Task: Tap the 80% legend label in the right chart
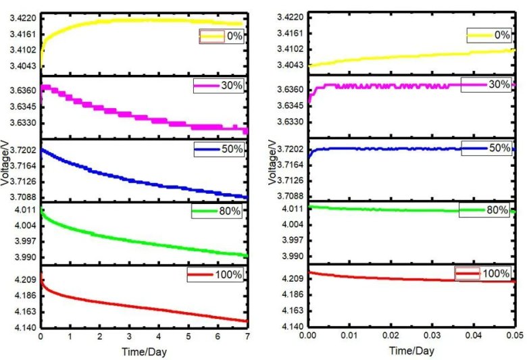[498, 210]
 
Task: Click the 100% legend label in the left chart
[230, 275]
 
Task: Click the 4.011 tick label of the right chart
[293, 209]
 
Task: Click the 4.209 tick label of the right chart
[293, 279]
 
